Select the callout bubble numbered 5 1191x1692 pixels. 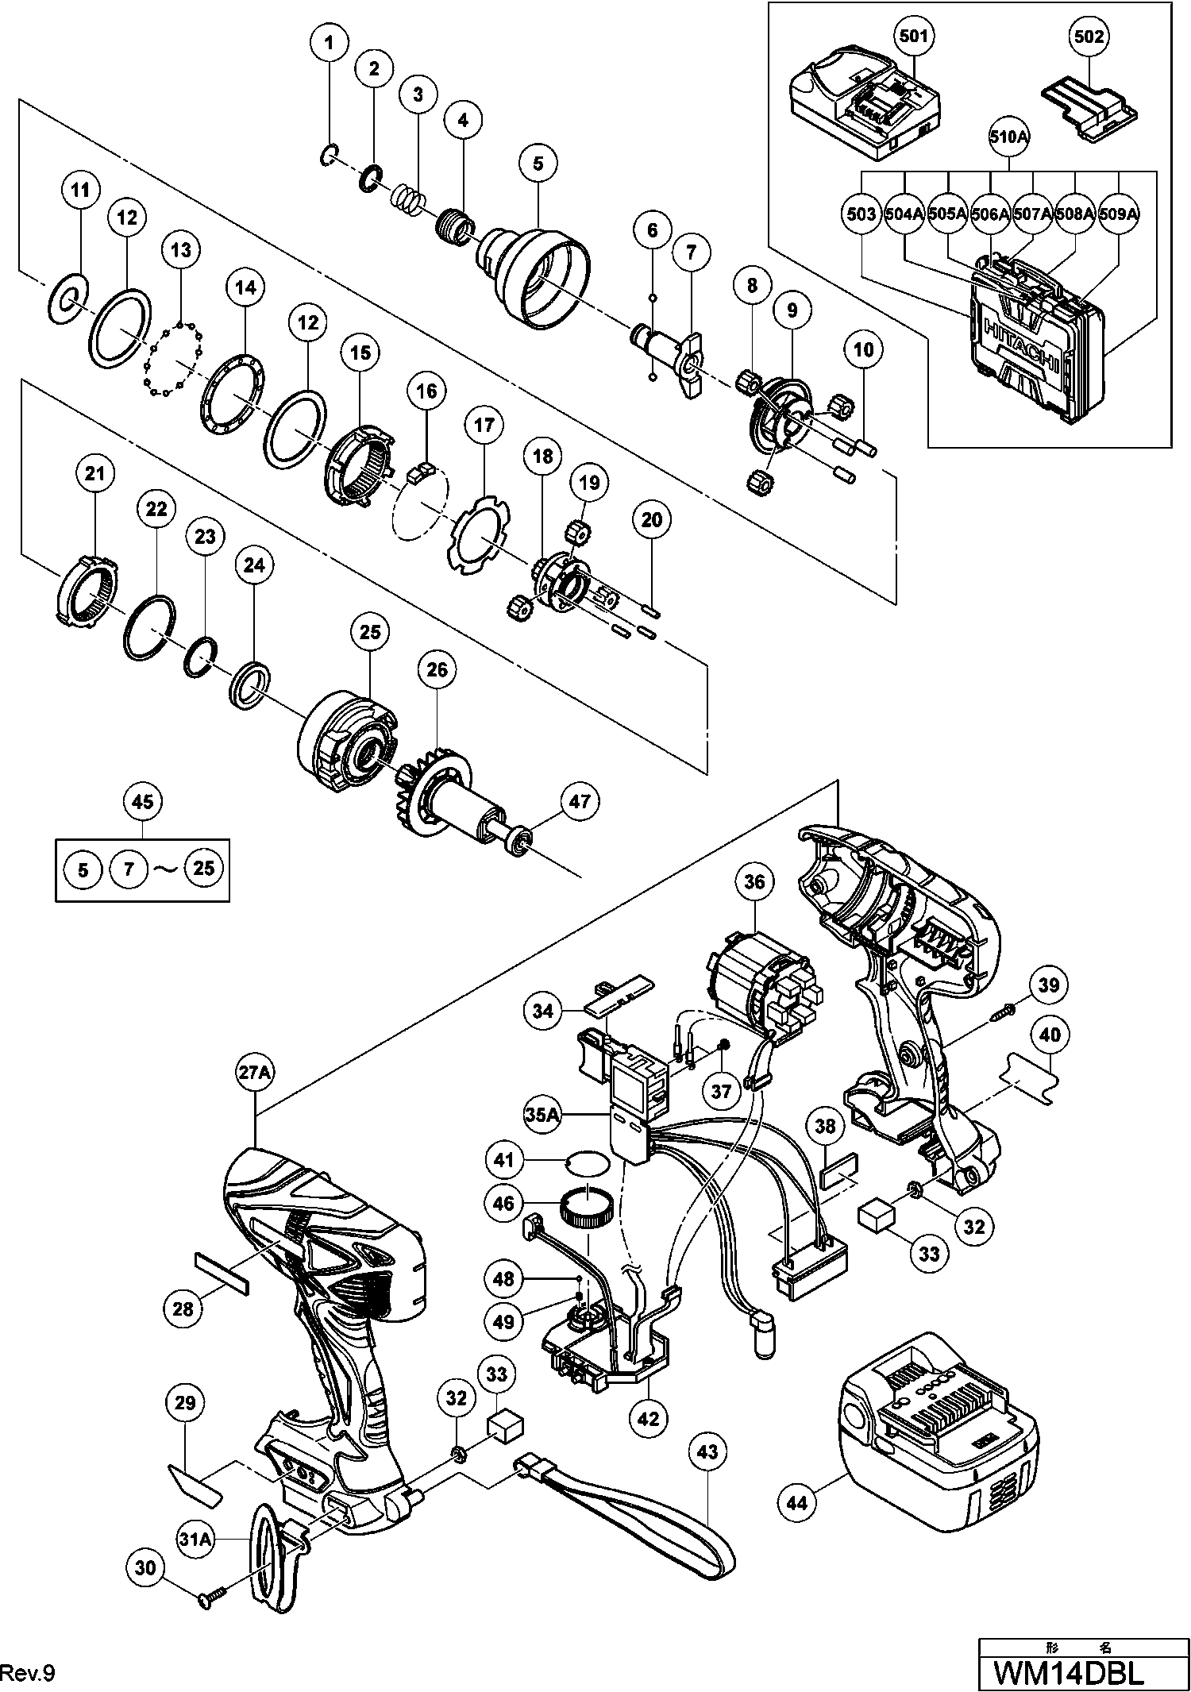coord(538,164)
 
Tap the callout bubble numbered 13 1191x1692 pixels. coord(181,251)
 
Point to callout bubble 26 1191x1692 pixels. coord(437,671)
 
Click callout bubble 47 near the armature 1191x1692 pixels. coord(580,802)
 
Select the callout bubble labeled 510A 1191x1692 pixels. coord(1008,137)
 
